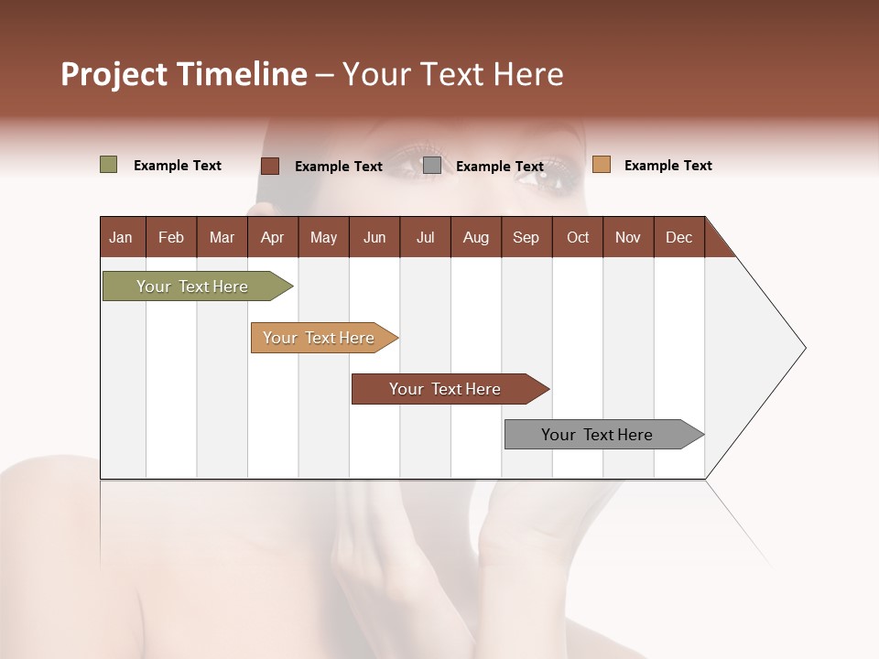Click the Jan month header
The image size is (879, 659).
122,237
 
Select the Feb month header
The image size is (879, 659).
171,237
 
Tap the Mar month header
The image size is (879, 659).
222,237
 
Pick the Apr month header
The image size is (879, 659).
273,237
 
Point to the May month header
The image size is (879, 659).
323,237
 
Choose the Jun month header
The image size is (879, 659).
374,237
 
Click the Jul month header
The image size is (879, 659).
425,237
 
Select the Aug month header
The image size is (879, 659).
476,237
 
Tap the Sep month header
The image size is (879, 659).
526,237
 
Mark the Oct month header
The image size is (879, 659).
578,237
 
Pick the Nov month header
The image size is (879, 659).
628,237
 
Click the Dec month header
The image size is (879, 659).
679,237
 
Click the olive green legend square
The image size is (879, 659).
109,165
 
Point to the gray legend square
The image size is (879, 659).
432,165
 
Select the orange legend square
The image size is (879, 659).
601,165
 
